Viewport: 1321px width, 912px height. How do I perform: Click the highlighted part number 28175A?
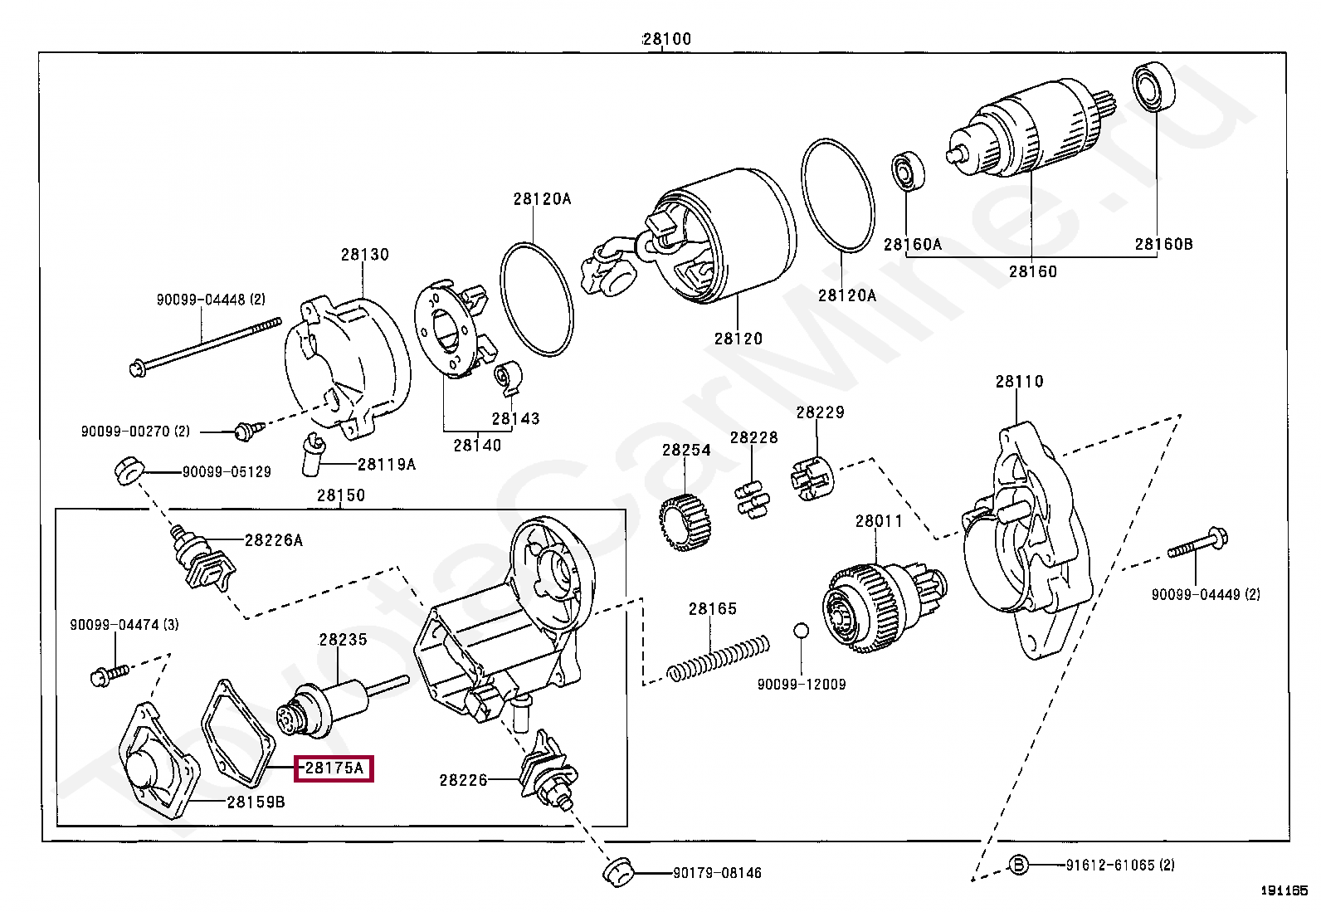334,768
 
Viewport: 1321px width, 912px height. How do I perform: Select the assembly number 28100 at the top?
667,39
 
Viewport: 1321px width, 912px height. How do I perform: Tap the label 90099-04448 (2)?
211,300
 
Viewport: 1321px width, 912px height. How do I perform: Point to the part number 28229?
820,412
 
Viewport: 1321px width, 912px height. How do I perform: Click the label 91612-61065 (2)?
1120,865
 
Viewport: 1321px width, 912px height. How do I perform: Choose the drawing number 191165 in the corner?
1284,890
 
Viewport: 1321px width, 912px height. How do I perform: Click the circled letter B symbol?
1018,865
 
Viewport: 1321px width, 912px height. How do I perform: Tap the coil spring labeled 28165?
719,658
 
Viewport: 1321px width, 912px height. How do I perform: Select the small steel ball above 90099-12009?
800,631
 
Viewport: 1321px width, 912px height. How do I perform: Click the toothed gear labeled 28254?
685,522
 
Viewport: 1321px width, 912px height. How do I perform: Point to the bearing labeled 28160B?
1153,89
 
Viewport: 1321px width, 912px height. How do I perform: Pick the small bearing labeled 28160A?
908,171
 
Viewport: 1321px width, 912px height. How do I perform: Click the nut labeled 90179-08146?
618,872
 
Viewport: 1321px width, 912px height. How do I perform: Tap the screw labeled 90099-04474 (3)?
110,675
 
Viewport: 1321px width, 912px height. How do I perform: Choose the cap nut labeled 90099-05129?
128,471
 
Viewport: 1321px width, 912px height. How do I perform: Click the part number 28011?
879,521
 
